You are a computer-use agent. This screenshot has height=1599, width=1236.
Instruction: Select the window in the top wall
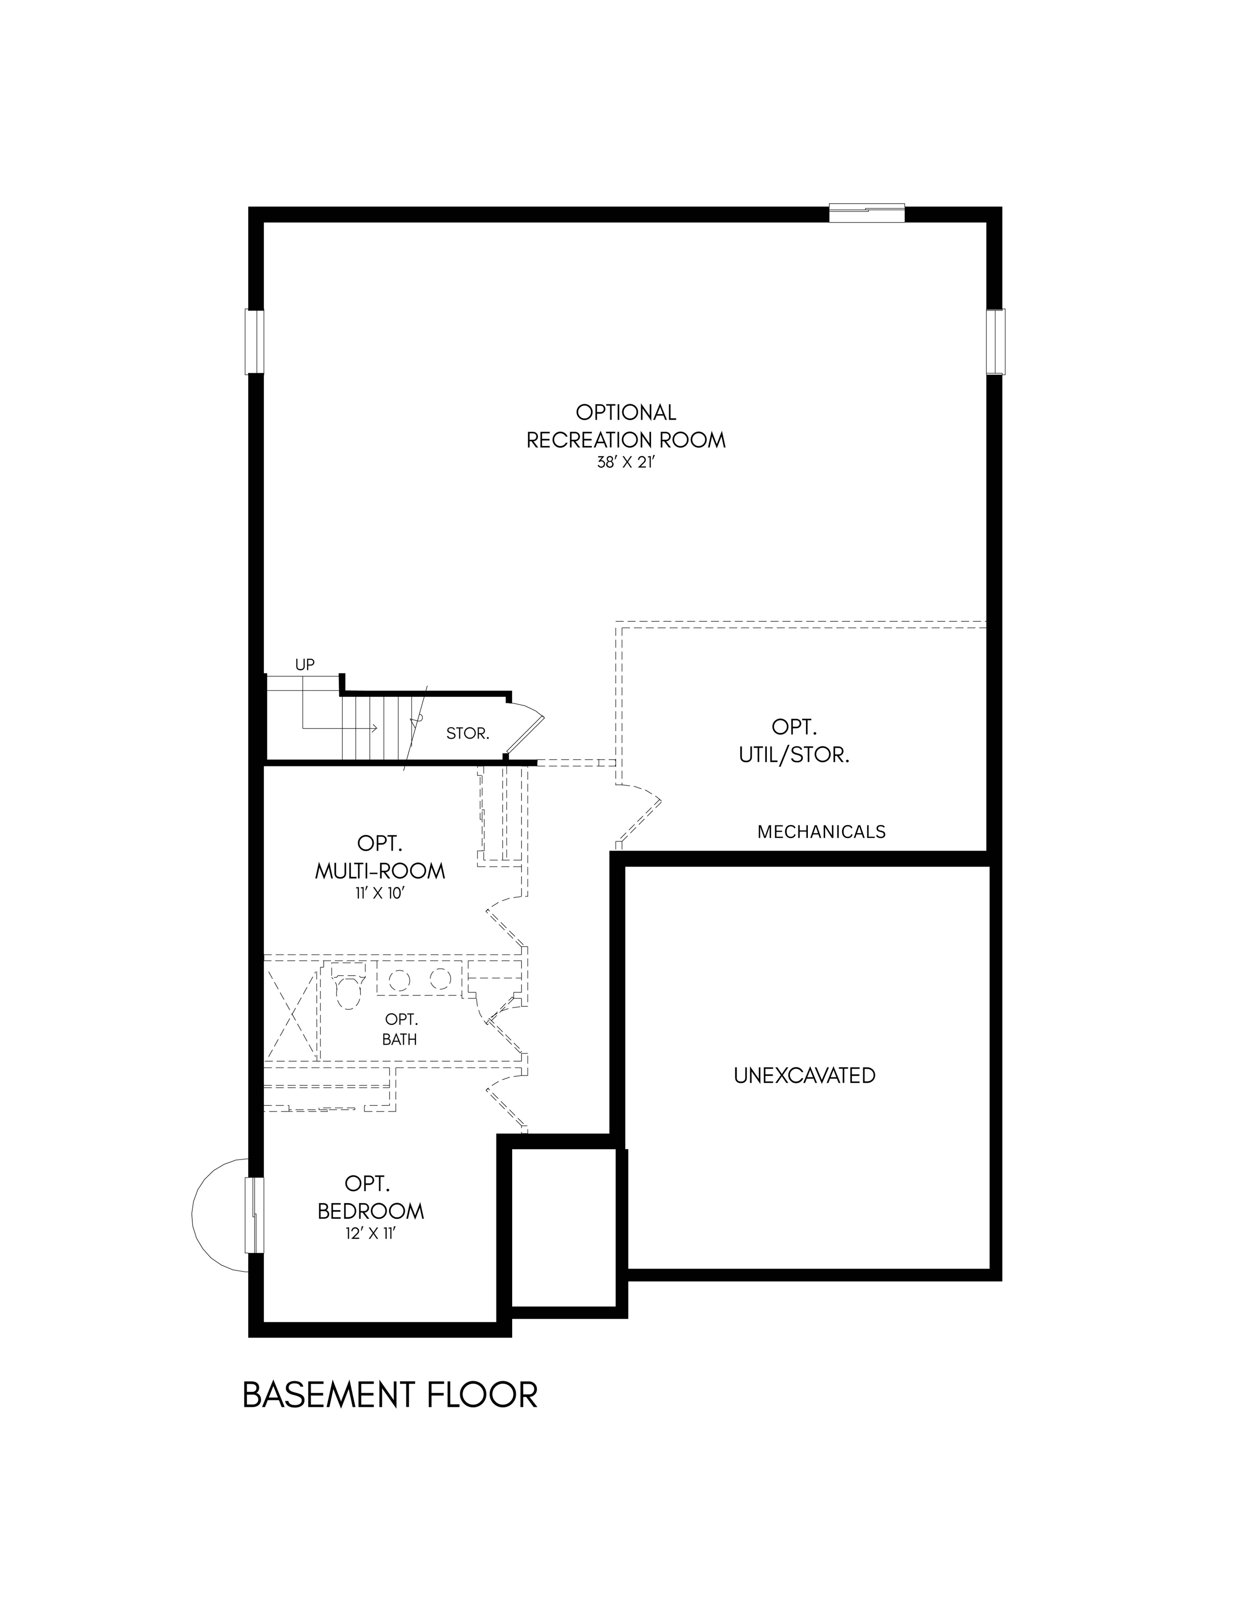867,213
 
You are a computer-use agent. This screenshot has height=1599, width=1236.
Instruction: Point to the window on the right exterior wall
995,342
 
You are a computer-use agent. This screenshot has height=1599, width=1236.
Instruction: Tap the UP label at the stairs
305,665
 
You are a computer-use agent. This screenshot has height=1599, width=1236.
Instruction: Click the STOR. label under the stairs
468,733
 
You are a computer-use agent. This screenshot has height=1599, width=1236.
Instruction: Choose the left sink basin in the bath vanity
399,980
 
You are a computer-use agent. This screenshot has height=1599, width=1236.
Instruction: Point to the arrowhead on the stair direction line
374,728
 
